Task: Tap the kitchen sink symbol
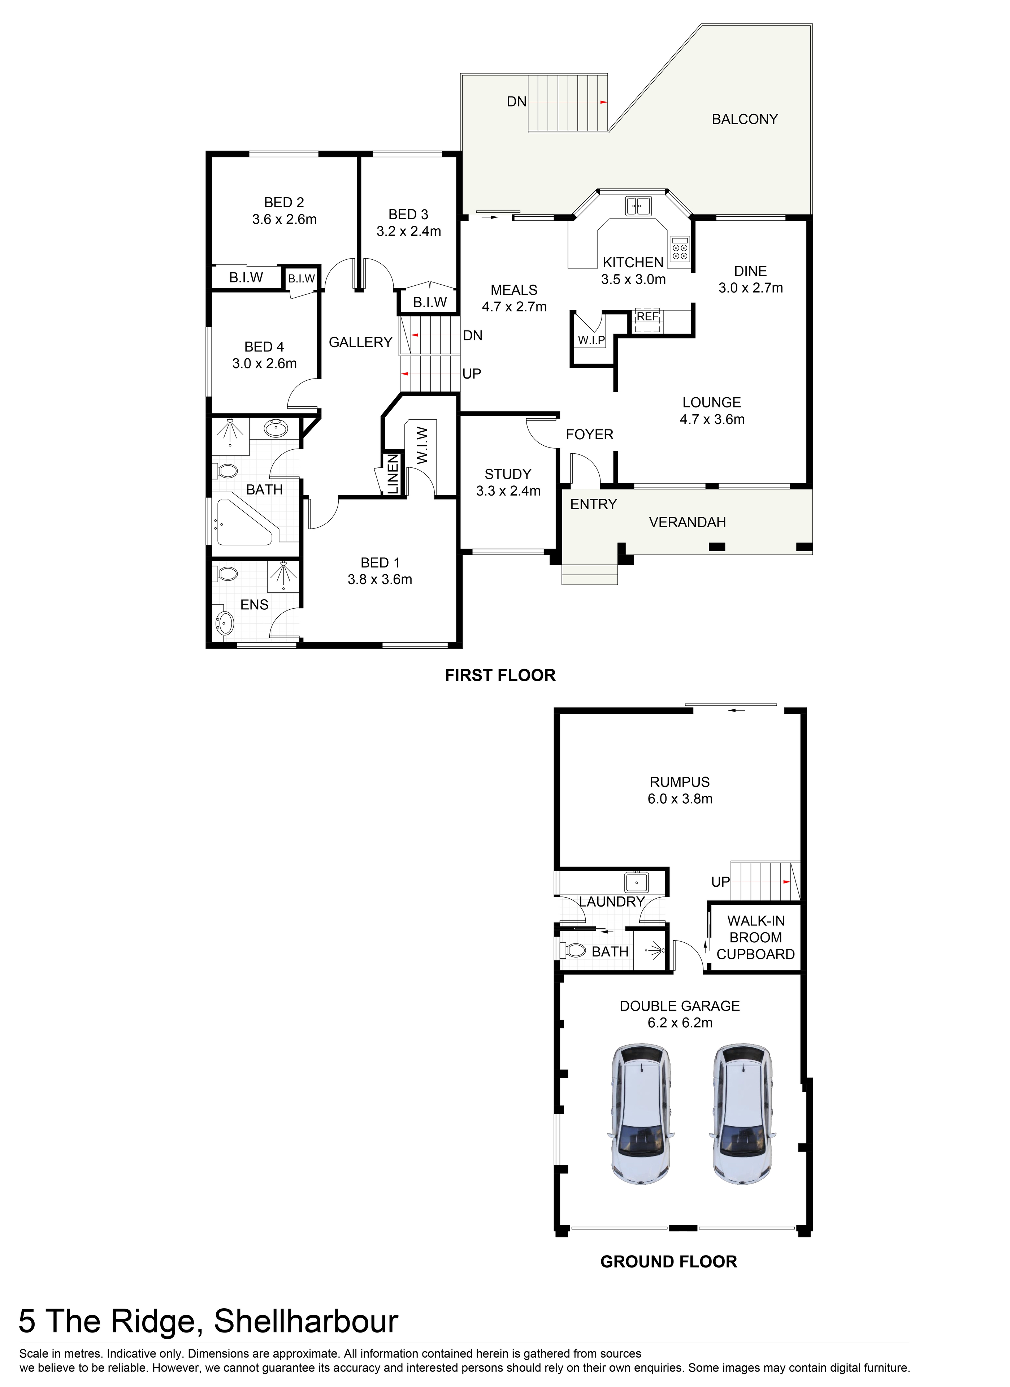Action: point(638,206)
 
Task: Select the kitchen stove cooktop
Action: point(679,248)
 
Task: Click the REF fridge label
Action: point(647,316)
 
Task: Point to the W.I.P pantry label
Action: point(591,340)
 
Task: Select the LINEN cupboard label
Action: point(393,474)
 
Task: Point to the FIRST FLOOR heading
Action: point(500,675)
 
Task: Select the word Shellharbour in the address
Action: point(306,1321)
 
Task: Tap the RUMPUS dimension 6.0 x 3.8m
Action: point(680,799)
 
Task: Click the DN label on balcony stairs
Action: point(517,101)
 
